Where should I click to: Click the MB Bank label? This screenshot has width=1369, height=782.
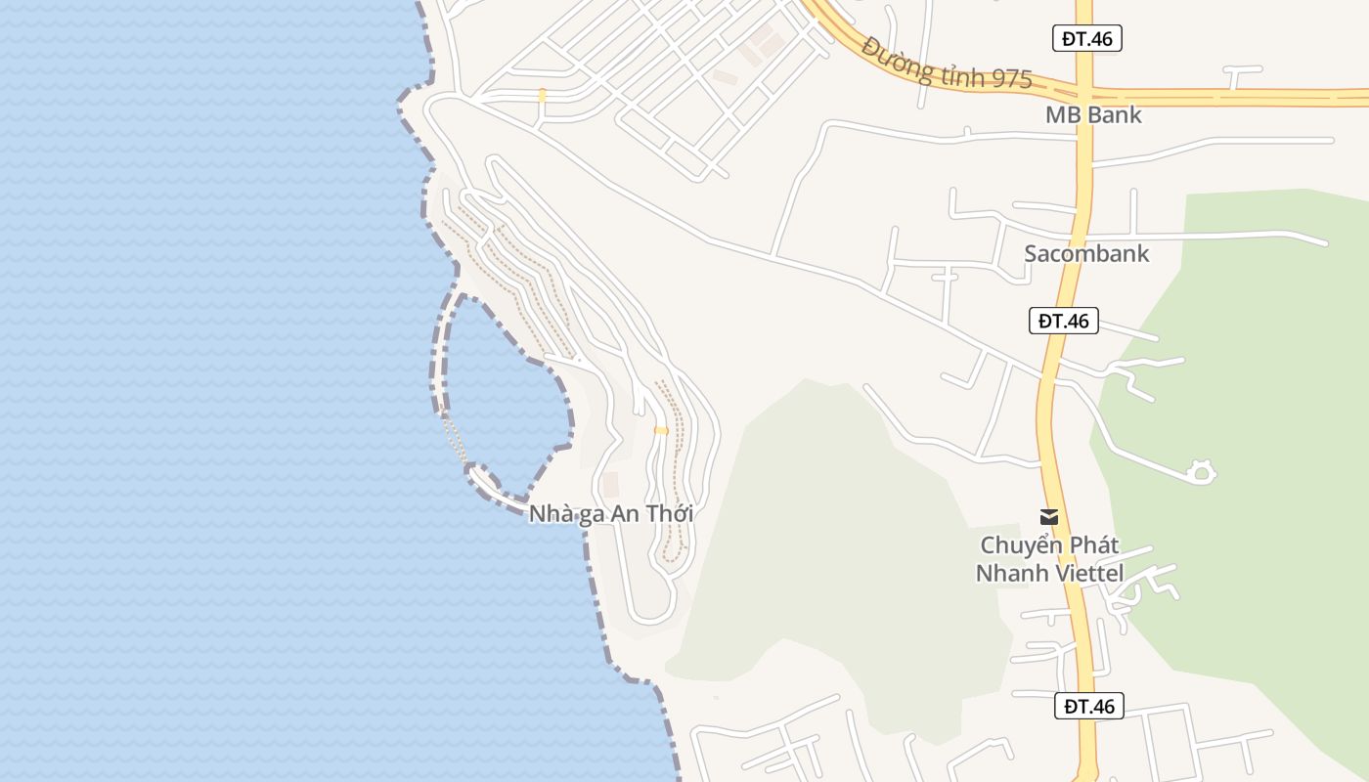(x=1093, y=114)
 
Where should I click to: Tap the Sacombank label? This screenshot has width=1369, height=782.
(x=1086, y=254)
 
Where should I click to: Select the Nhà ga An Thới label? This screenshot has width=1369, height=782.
(x=611, y=513)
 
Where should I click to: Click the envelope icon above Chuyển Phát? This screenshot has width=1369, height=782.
(x=1049, y=517)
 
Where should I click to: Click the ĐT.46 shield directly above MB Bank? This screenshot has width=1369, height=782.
(x=1087, y=38)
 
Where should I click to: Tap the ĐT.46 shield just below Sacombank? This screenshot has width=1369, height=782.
(x=1064, y=321)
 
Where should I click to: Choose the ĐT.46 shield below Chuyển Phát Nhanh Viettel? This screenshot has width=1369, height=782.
(x=1089, y=706)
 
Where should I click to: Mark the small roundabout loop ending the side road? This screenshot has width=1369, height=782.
(x=1201, y=473)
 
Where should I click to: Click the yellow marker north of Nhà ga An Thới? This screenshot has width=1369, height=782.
(x=661, y=430)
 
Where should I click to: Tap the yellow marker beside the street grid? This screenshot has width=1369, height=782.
(x=542, y=95)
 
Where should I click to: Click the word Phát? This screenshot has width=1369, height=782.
(x=1096, y=544)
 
